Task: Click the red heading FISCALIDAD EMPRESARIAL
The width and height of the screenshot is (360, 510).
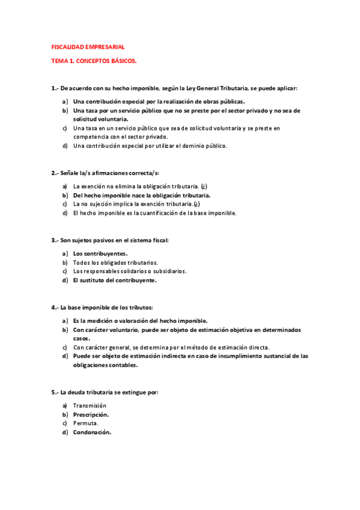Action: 88,47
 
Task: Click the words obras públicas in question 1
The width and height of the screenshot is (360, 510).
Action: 224,102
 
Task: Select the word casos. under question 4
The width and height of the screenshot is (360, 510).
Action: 82,338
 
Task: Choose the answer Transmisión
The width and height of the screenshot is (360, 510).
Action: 90,405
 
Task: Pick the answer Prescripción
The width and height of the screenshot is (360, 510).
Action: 91,414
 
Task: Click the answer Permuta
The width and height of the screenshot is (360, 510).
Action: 86,423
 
